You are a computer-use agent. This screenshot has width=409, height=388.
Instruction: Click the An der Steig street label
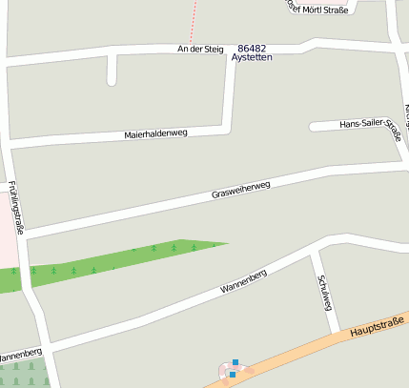(199, 49)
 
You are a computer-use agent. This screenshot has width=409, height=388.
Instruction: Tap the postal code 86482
(252, 47)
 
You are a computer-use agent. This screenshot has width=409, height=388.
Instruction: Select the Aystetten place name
(252, 58)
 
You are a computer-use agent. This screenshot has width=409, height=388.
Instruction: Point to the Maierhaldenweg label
(156, 133)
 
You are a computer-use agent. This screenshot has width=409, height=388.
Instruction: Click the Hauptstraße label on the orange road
(378, 325)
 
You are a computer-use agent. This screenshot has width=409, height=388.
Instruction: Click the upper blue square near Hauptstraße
(235, 362)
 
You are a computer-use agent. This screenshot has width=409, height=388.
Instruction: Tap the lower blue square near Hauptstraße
(232, 375)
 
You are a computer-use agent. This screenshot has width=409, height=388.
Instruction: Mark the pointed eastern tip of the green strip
(227, 243)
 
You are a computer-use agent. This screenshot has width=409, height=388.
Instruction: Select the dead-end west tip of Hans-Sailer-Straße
(313, 126)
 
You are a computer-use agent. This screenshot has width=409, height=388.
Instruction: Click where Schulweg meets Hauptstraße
(336, 335)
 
